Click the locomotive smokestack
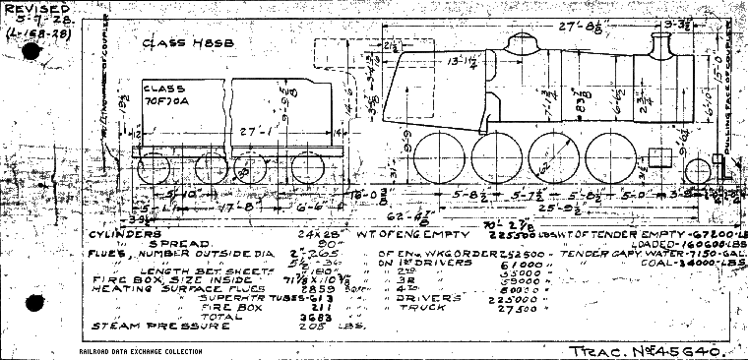click(663, 45)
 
